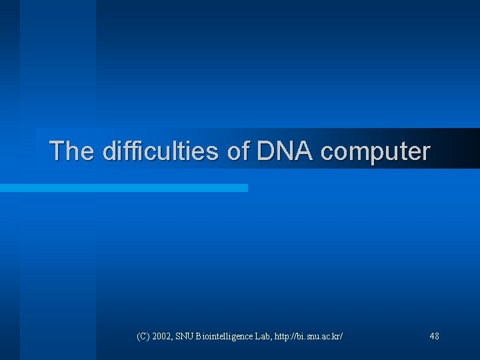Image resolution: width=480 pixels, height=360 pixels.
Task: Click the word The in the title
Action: click(72, 151)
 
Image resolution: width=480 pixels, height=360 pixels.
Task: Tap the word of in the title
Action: click(238, 151)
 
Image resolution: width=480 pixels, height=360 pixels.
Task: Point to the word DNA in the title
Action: click(285, 151)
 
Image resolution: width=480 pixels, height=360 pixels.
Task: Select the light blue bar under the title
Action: click(124, 189)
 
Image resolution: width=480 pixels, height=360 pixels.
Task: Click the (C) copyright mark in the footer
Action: click(143, 337)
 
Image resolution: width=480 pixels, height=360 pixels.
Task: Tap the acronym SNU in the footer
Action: click(186, 337)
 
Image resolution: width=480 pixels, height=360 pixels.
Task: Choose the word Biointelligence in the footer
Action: click(226, 337)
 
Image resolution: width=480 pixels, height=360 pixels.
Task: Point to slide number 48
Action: click(435, 337)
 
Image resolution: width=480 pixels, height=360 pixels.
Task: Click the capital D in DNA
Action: click(266, 151)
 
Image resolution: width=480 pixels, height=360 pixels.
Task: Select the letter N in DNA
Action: click(285, 151)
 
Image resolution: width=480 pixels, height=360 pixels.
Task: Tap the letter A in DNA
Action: click(304, 151)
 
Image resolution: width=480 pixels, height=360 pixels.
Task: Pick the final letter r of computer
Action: click(426, 152)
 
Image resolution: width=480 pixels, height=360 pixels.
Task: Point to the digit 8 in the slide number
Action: click(437, 337)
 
